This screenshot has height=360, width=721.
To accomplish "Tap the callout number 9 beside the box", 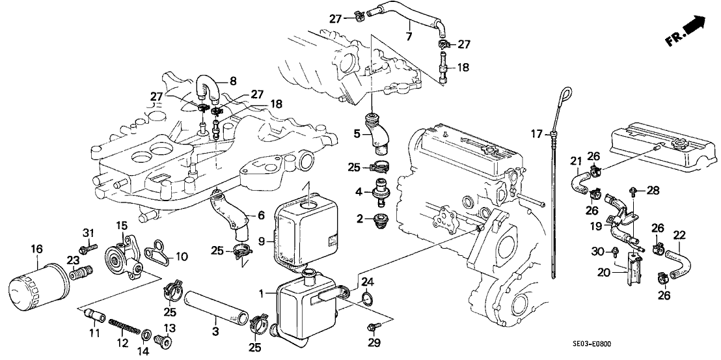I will pyautogui.click(x=261, y=242).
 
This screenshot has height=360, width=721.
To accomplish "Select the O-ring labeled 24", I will pyautogui.click(x=366, y=299).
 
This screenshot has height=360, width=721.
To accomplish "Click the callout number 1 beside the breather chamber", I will pyautogui.click(x=262, y=294).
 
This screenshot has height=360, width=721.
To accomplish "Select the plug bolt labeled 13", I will pyautogui.click(x=165, y=340).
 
